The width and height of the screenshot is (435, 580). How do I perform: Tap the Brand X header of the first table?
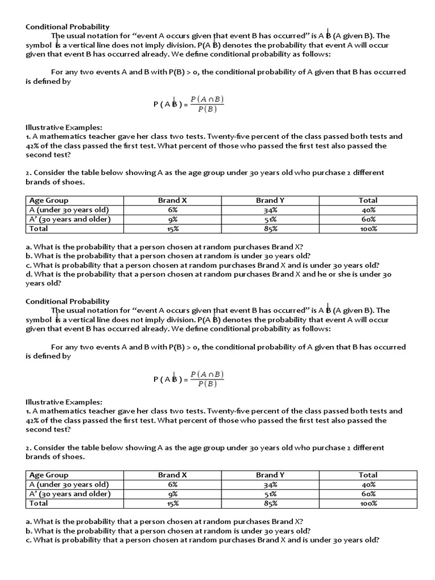click(x=173, y=200)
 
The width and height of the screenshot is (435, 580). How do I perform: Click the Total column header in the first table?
click(x=368, y=200)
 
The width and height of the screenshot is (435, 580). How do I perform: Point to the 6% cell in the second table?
click(x=173, y=484)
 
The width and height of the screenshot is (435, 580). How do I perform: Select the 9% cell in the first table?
click(x=173, y=219)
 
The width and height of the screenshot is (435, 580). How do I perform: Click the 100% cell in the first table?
click(x=368, y=229)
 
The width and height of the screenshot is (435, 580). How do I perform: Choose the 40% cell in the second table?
click(x=368, y=484)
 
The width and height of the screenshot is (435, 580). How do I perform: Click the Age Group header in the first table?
click(x=49, y=200)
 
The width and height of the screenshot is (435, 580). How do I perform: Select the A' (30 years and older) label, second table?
click(x=70, y=494)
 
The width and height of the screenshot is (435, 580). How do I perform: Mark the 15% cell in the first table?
click(x=173, y=229)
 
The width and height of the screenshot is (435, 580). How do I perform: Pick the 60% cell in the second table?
click(x=368, y=494)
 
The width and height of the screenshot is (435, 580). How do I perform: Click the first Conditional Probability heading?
click(x=67, y=27)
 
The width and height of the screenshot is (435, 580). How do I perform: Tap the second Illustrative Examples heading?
click(x=63, y=402)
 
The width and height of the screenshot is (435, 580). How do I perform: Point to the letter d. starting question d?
click(x=29, y=274)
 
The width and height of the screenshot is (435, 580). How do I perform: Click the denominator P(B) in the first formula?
click(x=207, y=109)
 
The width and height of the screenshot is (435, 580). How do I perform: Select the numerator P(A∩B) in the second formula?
click(x=207, y=374)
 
